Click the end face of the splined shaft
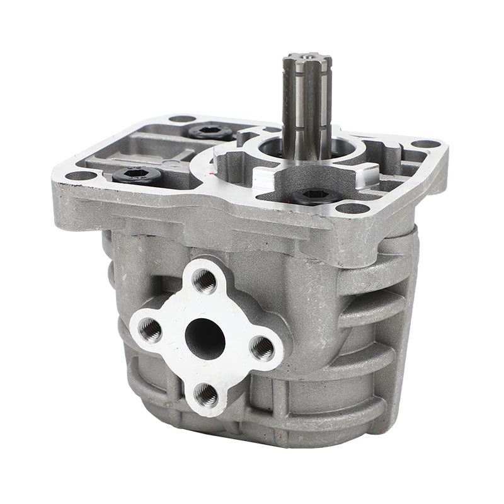coord(299,58)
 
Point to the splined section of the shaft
coord(299,94)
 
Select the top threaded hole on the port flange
coord(204,282)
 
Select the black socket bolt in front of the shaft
coord(313,194)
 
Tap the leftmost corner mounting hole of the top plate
coord(74,176)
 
